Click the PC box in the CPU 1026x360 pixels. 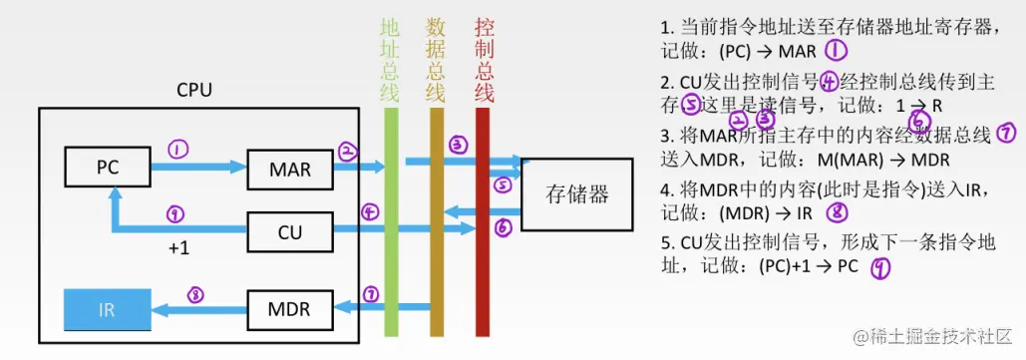108,168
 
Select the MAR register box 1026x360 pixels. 290,170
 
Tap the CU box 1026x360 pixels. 290,232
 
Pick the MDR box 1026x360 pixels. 290,308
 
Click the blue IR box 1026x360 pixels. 107,309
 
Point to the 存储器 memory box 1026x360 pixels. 577,192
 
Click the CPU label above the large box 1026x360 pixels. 194,91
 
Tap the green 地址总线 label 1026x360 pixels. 390,60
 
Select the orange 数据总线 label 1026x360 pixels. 436,60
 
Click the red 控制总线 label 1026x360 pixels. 485,60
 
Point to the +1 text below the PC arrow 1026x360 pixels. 178,248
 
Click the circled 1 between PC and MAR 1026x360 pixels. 177,150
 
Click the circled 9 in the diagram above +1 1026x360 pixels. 175,213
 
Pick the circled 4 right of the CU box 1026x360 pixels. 370,212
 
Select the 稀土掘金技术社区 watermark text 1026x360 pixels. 934,337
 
